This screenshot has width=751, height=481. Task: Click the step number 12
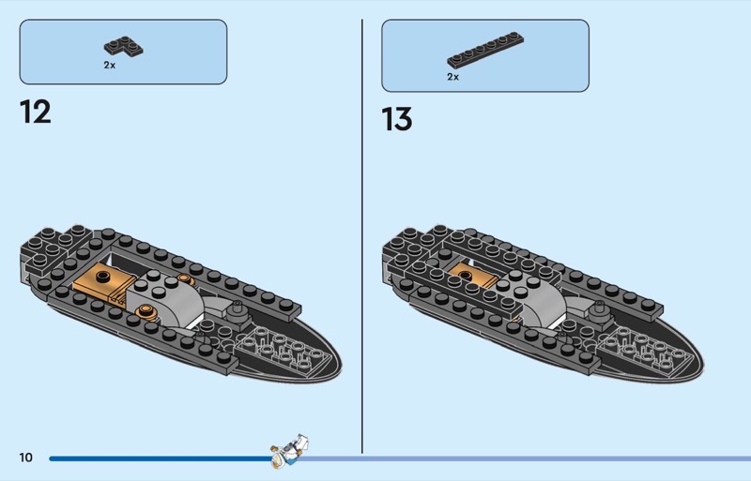point(36,112)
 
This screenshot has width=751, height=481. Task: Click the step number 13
point(396,119)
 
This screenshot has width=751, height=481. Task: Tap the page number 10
point(26,458)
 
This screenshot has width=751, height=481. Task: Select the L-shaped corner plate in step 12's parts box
point(124,47)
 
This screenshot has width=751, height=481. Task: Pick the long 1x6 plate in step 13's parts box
point(485,50)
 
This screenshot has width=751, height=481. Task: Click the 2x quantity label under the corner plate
point(110,65)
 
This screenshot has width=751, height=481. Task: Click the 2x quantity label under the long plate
point(453,77)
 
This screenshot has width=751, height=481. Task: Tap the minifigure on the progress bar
point(289,451)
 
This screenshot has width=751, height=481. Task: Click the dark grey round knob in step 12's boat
point(237,313)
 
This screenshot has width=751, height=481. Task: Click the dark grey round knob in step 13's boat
point(598,313)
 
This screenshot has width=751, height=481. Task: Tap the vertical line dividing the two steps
point(362,236)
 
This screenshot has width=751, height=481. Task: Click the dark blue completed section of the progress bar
point(161,458)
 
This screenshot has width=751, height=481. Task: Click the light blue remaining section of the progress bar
point(525,458)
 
